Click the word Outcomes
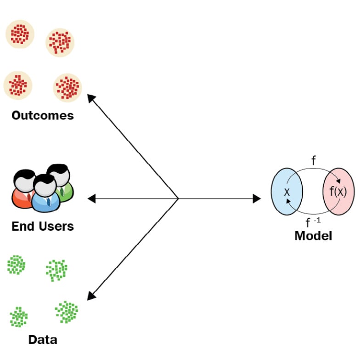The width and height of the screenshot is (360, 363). point(43,115)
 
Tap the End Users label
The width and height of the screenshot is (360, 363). point(43,226)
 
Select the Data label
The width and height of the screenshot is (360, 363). point(43,340)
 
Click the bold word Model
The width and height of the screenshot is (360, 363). point(313,236)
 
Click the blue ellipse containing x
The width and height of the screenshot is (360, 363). point(287,192)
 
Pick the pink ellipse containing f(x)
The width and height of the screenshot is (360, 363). point(338,192)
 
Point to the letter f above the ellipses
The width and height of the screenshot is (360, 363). point(314,160)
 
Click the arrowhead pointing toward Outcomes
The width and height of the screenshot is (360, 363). point(91,98)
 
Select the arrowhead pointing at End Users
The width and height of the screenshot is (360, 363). point(92,199)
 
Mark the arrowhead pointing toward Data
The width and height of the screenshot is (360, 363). point(91,296)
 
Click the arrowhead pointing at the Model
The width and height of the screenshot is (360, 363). point(257,199)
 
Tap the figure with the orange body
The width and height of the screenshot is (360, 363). point(22,189)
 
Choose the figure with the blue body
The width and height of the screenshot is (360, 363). point(45,193)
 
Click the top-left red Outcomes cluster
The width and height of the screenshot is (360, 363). point(20,34)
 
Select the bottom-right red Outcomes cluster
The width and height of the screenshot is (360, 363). point(67,88)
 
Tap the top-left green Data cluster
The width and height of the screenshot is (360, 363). point(16,265)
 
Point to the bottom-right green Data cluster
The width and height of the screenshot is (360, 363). point(67,312)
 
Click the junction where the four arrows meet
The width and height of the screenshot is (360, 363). point(178,199)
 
